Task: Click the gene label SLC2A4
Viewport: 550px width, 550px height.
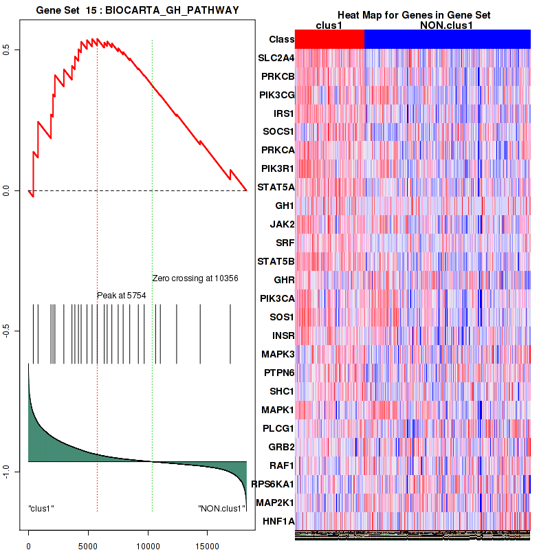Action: pyautogui.click(x=276, y=58)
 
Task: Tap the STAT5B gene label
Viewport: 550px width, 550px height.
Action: pyautogui.click(x=276, y=262)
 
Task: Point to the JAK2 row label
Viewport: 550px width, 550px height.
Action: pyautogui.click(x=282, y=225)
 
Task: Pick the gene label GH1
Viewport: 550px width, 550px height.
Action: pyautogui.click(x=285, y=206)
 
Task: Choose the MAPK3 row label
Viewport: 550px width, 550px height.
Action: pyautogui.click(x=278, y=355)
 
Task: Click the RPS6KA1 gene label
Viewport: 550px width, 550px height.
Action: pyautogui.click(x=274, y=485)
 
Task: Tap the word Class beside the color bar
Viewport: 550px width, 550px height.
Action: pyautogui.click(x=282, y=40)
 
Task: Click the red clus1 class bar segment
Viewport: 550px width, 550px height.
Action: pyautogui.click(x=329, y=40)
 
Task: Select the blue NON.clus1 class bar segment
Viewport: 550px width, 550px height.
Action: pyautogui.click(x=447, y=40)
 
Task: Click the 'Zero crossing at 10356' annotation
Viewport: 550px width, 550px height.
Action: pyautogui.click(x=195, y=278)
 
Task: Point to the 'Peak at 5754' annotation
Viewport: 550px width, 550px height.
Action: pyautogui.click(x=121, y=295)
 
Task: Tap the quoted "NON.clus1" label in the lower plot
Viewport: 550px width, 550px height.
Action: pyautogui.click(x=221, y=509)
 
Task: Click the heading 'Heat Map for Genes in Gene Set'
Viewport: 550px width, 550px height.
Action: pyautogui.click(x=413, y=15)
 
